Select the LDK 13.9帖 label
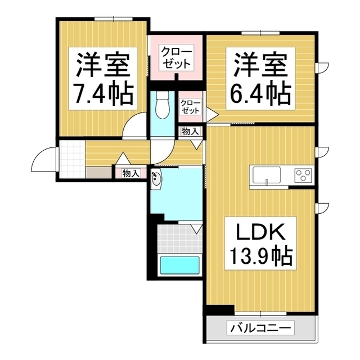259,245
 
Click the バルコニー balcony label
259,327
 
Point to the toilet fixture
162,107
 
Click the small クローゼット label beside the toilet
190,107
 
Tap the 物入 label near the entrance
130,174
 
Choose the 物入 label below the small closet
190,132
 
